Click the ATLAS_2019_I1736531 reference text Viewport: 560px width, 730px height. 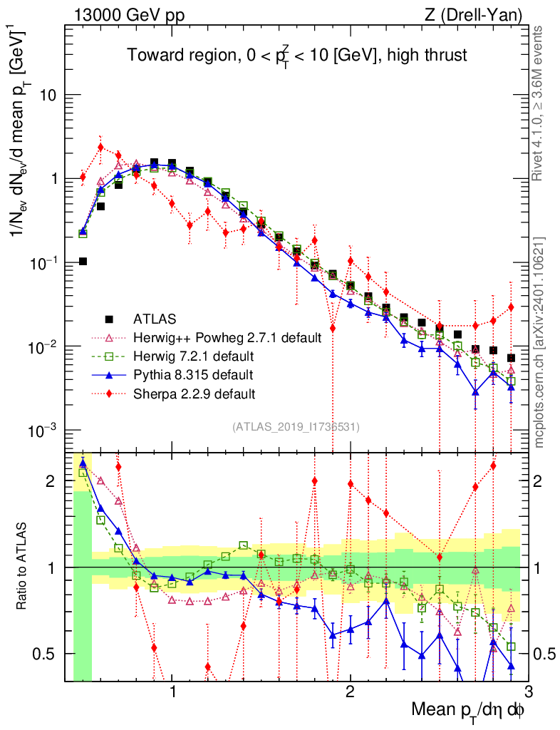click(x=296, y=427)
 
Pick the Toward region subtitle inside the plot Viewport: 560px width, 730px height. click(x=296, y=56)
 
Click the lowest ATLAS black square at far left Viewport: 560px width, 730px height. click(x=83, y=262)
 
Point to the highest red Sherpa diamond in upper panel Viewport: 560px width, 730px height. click(x=100, y=148)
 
